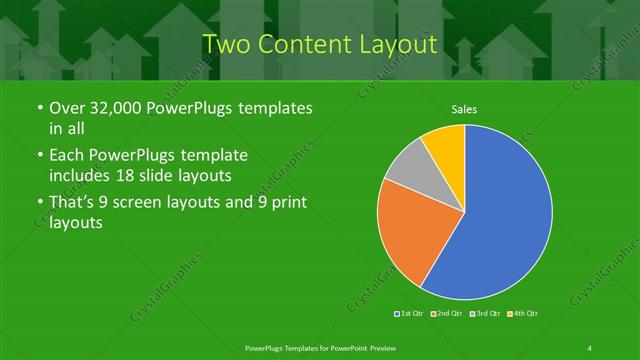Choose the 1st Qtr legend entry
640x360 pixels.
pyautogui.click(x=408, y=314)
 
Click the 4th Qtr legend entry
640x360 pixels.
pyautogui.click(x=523, y=314)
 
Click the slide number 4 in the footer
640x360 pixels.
pyautogui.click(x=590, y=346)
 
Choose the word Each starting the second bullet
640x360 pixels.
pyautogui.click(x=67, y=156)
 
